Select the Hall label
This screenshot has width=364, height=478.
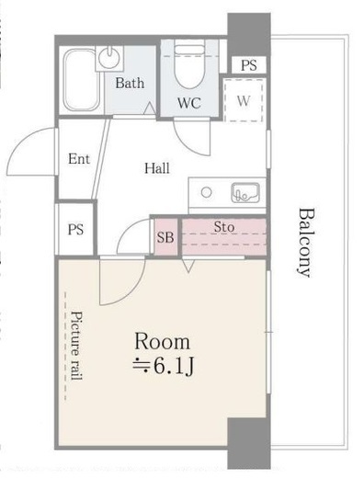click(156, 167)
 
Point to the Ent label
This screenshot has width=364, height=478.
click(78, 159)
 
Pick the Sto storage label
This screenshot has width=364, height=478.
click(223, 226)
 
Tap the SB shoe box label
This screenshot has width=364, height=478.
click(165, 237)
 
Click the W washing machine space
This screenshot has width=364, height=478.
click(244, 100)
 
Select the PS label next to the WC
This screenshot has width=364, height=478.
click(248, 65)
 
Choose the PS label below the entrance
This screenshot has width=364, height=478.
click(74, 230)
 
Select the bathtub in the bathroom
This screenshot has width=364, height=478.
click(80, 81)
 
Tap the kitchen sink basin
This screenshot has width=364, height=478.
click(245, 193)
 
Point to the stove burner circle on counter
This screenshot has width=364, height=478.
click(207, 193)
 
